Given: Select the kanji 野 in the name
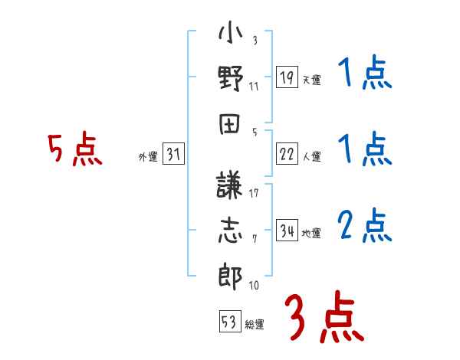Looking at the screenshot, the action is [x=231, y=80].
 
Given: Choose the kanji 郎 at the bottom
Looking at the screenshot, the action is [x=231, y=276].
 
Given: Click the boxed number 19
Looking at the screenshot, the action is [x=287, y=77].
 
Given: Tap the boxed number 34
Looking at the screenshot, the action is [x=287, y=231].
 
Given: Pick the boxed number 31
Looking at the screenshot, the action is [x=173, y=155].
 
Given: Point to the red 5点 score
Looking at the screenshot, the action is [x=74, y=150].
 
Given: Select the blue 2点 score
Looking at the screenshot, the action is [x=364, y=227].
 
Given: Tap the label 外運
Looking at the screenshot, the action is [x=147, y=157].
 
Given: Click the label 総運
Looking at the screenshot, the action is [x=255, y=324].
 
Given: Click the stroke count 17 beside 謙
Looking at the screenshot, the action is [x=254, y=192].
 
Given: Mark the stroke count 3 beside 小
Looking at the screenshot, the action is [x=254, y=40].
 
